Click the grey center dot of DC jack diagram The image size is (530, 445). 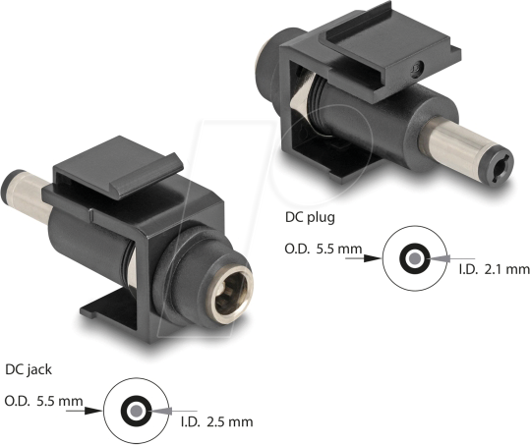coord(132,410)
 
